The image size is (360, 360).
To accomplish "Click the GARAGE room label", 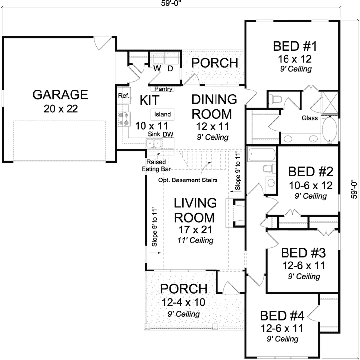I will pos(60,94).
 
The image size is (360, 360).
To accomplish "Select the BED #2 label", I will pos(307,172).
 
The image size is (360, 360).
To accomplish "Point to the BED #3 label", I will pos(300,253).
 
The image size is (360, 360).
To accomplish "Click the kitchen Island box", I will pos(163,114).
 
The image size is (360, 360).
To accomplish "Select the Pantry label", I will pos(163,89).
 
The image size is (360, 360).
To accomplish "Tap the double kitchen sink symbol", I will pos(154,144).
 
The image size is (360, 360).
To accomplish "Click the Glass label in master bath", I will pos(310,118).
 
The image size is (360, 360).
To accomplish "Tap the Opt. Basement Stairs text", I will pos(188,180).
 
